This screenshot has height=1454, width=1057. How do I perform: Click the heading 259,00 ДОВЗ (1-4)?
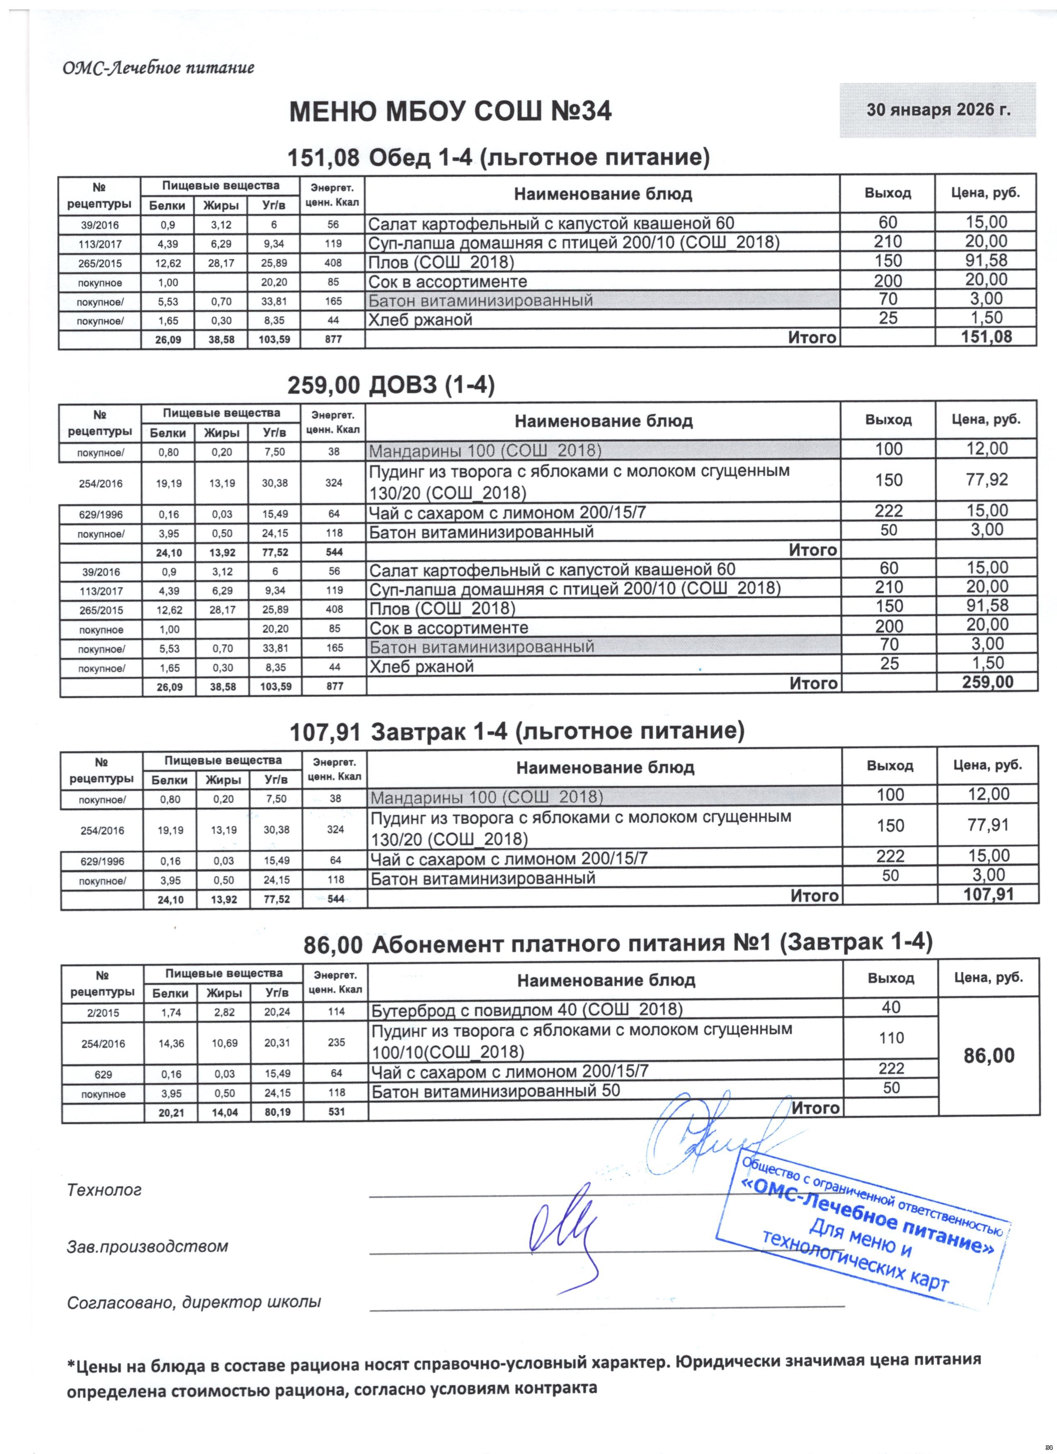(391, 385)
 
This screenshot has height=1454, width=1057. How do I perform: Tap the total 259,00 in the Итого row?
(988, 682)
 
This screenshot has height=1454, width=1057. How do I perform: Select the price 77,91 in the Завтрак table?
(989, 825)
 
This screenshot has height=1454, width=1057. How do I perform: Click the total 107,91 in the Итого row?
(989, 894)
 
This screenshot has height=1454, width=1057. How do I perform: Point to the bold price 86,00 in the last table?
(989, 1056)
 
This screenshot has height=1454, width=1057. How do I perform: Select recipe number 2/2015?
(102, 1013)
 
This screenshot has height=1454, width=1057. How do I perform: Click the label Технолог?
(104, 1190)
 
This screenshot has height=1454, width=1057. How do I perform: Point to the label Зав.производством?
(148, 1247)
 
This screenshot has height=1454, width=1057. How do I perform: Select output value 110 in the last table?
(891, 1038)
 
